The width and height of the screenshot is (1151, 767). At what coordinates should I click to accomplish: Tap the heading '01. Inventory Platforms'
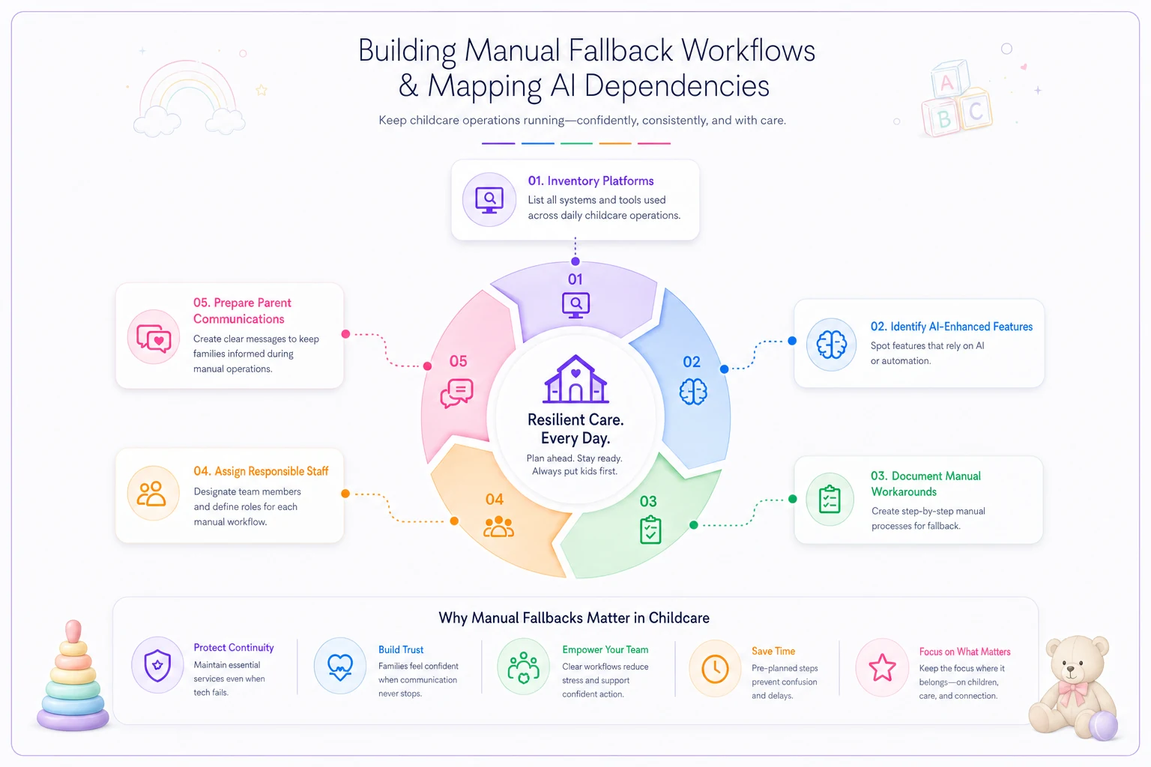591,181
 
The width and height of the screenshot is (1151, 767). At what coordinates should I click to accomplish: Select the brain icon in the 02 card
831,345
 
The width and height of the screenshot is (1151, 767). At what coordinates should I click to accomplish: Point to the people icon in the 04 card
151,494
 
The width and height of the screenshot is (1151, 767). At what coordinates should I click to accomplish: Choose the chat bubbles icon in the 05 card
154,338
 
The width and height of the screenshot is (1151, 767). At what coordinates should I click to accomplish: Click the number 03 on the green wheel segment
648,501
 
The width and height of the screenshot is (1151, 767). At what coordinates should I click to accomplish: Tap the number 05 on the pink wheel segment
459,361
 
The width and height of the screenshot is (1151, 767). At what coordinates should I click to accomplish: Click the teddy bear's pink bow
1073,690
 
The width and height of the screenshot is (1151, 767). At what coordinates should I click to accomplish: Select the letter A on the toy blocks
947,82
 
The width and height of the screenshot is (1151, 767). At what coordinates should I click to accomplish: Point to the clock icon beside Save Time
715,669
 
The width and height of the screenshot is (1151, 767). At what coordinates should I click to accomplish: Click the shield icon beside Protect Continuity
157,665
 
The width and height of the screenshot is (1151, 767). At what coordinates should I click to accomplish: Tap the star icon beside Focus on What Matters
882,667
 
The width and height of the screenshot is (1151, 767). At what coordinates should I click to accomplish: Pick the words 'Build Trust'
401,649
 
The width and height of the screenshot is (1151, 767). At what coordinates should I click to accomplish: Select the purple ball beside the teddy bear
1103,725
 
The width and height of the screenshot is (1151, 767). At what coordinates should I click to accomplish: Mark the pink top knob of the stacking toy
73,631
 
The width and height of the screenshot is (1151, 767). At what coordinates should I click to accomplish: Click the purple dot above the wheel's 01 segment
575,261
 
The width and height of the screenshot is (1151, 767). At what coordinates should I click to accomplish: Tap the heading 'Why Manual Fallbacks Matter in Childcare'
574,617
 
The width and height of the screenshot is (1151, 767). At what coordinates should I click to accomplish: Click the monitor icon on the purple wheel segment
575,305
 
